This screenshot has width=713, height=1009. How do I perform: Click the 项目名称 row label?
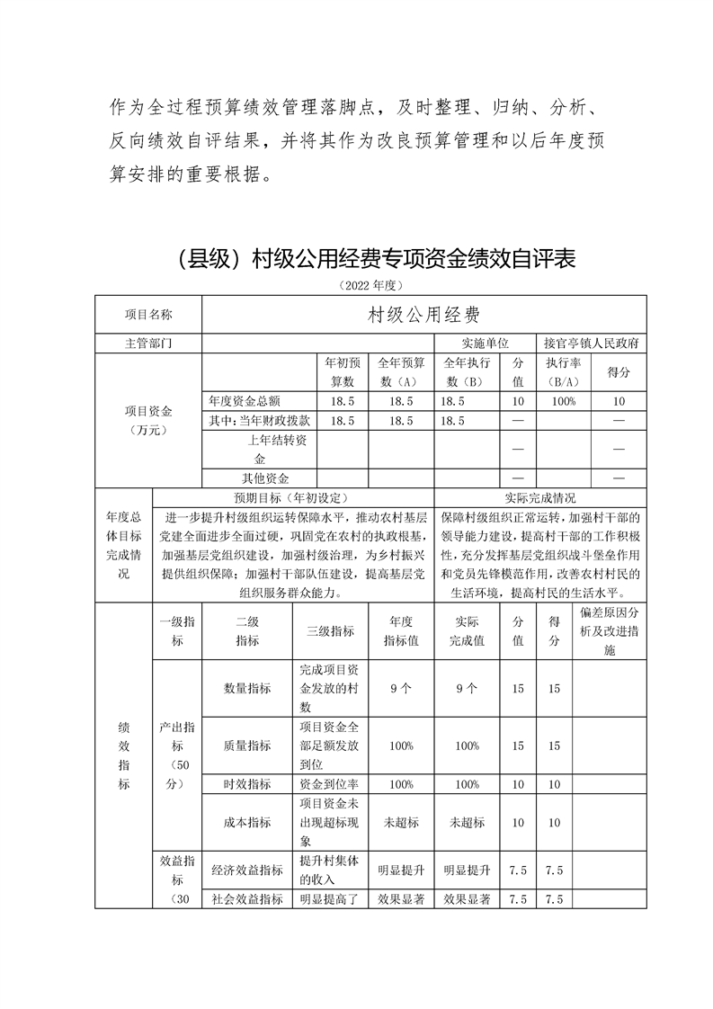148,315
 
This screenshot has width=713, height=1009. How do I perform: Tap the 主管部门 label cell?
148,344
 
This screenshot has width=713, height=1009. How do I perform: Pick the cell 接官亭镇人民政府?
592,344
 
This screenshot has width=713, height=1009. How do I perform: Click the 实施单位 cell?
486,344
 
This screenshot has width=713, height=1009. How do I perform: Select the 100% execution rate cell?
565,401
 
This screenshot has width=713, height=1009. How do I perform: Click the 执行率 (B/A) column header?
565,372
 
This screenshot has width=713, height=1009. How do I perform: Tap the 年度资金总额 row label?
259,401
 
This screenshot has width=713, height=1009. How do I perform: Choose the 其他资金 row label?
259,478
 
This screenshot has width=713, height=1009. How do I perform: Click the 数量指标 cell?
247,688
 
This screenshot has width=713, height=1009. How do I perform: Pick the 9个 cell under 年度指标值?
401,688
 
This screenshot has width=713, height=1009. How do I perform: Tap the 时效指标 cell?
247,784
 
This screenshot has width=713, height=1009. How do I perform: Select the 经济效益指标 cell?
247,871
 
